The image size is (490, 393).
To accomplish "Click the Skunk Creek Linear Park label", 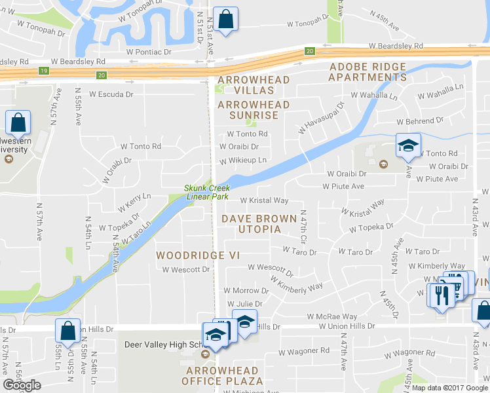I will pos(206,191).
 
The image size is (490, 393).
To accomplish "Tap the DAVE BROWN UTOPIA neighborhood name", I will pos(251,223).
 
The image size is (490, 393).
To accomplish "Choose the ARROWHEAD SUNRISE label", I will pos(253,110).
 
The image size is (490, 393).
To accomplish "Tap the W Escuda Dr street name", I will pos(111,94).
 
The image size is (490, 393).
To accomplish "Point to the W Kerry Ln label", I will pos(134,202).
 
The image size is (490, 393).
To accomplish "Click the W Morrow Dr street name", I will pos(242,290).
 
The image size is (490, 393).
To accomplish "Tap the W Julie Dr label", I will pos(244,304).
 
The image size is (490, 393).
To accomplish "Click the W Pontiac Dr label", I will pos(149,51).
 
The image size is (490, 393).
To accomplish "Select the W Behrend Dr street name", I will pos(419,121).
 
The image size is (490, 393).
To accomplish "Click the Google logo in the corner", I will pos(22,385).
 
